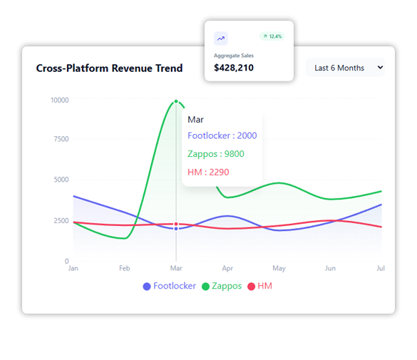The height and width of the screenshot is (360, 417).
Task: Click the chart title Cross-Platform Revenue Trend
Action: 109,68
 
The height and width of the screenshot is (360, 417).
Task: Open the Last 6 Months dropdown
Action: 345,68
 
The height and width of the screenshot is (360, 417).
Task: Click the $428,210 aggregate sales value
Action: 234,68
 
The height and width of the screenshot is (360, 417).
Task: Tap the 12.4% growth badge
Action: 272,36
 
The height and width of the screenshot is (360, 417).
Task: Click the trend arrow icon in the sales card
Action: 221,38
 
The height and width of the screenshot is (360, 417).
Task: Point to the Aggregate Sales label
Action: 234,55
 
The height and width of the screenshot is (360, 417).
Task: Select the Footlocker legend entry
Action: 169,286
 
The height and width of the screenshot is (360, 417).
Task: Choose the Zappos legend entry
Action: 222,286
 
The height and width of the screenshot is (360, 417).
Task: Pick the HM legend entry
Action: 259,286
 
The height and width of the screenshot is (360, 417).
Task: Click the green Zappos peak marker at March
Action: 176,101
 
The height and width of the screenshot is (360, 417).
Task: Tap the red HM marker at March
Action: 176,224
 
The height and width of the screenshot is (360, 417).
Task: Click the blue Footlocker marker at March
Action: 176,229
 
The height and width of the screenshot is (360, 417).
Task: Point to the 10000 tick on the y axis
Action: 59,100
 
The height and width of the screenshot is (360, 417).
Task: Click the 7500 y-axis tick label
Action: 61,139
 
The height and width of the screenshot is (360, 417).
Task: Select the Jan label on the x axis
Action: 73,269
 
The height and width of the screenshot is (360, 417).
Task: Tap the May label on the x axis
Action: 279,269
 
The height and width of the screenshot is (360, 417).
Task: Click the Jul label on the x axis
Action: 381,269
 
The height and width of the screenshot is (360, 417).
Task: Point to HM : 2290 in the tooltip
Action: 208,172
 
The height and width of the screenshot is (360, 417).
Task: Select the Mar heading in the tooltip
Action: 195,120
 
